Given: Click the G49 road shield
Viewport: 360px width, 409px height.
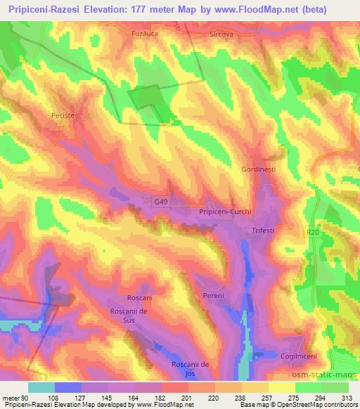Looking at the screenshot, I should (x=160, y=201).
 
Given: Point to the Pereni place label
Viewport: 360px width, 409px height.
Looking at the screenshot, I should (x=212, y=296).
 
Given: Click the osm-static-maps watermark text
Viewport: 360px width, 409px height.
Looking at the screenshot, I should (x=320, y=376).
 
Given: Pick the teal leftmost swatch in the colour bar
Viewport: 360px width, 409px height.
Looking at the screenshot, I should (x=41, y=387).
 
